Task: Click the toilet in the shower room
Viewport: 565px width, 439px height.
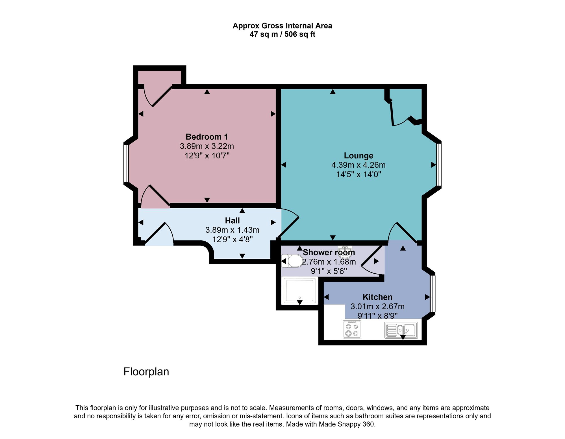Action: [292, 261]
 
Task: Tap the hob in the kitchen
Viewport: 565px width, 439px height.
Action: [352, 329]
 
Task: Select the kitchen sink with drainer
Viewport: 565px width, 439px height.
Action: [401, 330]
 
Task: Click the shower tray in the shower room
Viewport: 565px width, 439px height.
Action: [300, 291]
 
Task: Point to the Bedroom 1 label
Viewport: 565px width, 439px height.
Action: [207, 137]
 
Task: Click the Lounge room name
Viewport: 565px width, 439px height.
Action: [358, 155]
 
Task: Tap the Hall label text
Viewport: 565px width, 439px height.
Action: [232, 220]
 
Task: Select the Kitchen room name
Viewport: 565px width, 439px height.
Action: [377, 297]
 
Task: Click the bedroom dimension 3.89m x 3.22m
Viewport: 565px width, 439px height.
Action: [207, 146]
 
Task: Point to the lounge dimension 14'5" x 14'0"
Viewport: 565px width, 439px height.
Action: [358, 174]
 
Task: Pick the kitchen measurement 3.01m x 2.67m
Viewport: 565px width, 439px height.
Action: [377, 306]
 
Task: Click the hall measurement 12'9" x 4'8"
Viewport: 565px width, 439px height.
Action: [232, 239]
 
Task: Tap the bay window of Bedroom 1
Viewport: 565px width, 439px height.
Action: [126, 163]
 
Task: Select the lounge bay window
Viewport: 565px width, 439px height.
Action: [439, 165]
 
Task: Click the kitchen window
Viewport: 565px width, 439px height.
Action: [433, 293]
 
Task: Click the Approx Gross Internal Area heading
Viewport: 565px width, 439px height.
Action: [282, 26]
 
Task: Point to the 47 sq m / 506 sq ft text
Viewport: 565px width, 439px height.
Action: [282, 34]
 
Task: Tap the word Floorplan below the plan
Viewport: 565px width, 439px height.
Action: [146, 372]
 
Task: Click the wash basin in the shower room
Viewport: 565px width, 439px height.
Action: [345, 252]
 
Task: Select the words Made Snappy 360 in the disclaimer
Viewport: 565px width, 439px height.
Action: [347, 424]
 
